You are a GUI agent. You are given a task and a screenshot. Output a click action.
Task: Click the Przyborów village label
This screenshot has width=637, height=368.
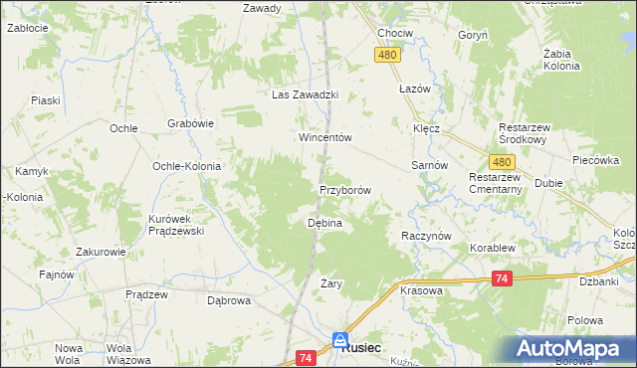click(x=345, y=190)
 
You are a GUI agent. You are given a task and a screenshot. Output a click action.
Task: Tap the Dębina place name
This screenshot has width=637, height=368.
click(x=324, y=224)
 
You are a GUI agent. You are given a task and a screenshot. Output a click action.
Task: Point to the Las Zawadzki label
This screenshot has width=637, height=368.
click(x=307, y=95)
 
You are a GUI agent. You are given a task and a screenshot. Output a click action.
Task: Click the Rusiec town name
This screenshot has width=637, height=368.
click(x=365, y=349)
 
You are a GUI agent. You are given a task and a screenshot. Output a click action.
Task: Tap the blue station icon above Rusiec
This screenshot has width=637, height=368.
click(x=340, y=339)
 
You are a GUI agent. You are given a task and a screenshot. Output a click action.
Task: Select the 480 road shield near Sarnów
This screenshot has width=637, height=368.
click(x=502, y=162)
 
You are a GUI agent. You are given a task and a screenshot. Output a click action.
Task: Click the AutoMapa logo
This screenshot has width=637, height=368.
click(x=574, y=349)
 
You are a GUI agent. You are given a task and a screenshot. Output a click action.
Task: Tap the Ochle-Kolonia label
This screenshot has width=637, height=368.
click(x=185, y=166)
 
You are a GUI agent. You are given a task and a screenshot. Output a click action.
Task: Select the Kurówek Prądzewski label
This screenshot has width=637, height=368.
click(x=175, y=225)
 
